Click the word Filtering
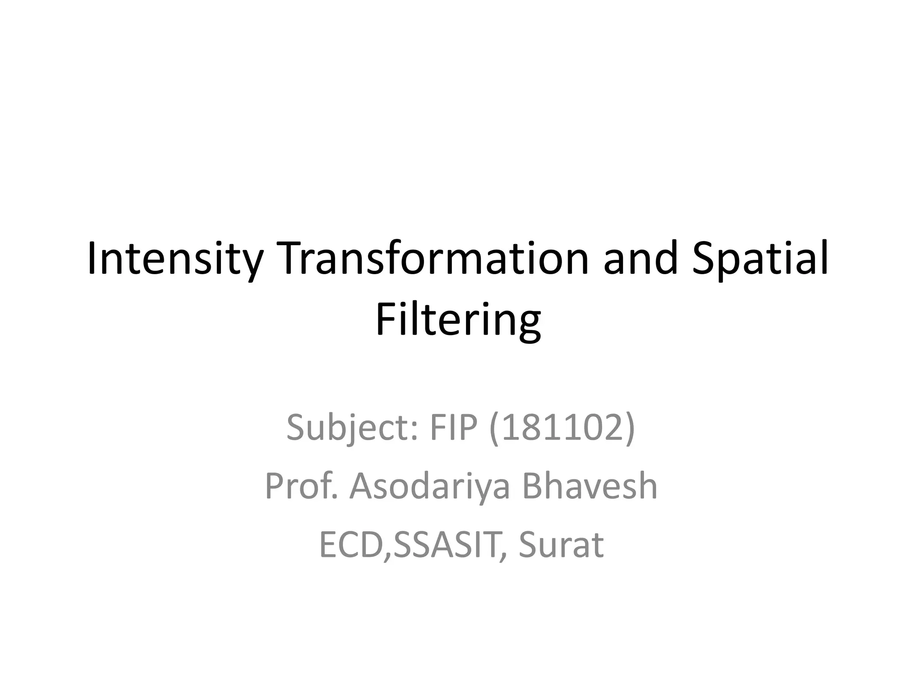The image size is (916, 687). pyautogui.click(x=458, y=320)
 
